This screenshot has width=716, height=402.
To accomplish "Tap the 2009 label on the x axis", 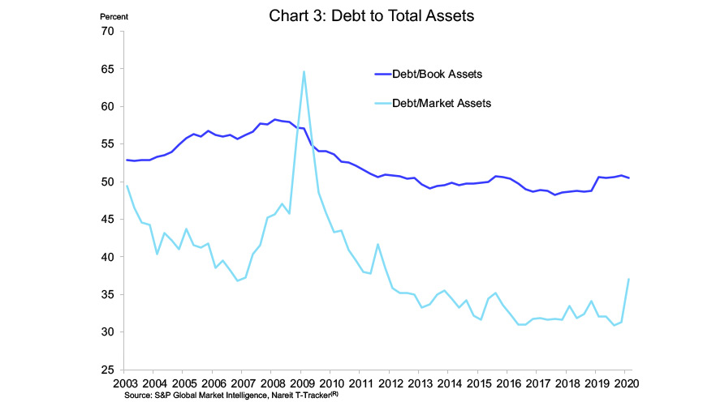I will point(301,383).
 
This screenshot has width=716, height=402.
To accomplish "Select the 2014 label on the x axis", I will point(450,383).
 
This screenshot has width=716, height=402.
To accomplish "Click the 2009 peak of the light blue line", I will point(304,71).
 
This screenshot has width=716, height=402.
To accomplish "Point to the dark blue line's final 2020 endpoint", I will point(629,177).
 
